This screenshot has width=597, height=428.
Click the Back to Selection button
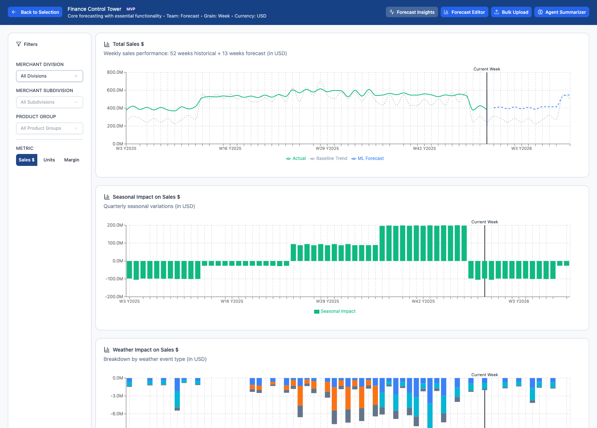(x=35, y=12)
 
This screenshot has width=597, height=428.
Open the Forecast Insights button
(x=412, y=12)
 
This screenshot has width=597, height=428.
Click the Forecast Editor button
(x=464, y=12)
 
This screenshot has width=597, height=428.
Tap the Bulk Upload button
(x=511, y=12)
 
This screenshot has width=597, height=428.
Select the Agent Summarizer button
(x=562, y=12)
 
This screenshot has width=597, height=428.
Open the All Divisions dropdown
(x=49, y=76)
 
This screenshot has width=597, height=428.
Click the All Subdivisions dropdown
(x=49, y=102)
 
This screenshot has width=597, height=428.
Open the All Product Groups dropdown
(x=49, y=128)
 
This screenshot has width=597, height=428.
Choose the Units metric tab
(x=49, y=160)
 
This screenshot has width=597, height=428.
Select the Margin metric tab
(x=72, y=160)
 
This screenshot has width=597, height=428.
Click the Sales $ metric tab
(x=26, y=160)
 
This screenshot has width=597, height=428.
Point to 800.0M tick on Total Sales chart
(x=115, y=72)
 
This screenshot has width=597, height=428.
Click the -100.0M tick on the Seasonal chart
(x=114, y=279)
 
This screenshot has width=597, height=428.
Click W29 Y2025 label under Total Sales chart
(x=327, y=148)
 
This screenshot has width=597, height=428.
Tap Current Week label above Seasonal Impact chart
(x=484, y=222)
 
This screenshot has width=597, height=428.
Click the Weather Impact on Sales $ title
(x=146, y=350)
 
